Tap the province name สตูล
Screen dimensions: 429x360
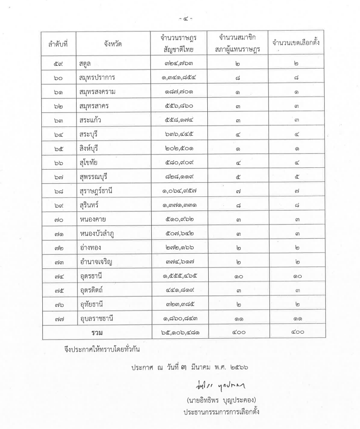87,63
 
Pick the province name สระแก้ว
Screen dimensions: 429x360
90,120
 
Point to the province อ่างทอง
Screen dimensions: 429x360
91,251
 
